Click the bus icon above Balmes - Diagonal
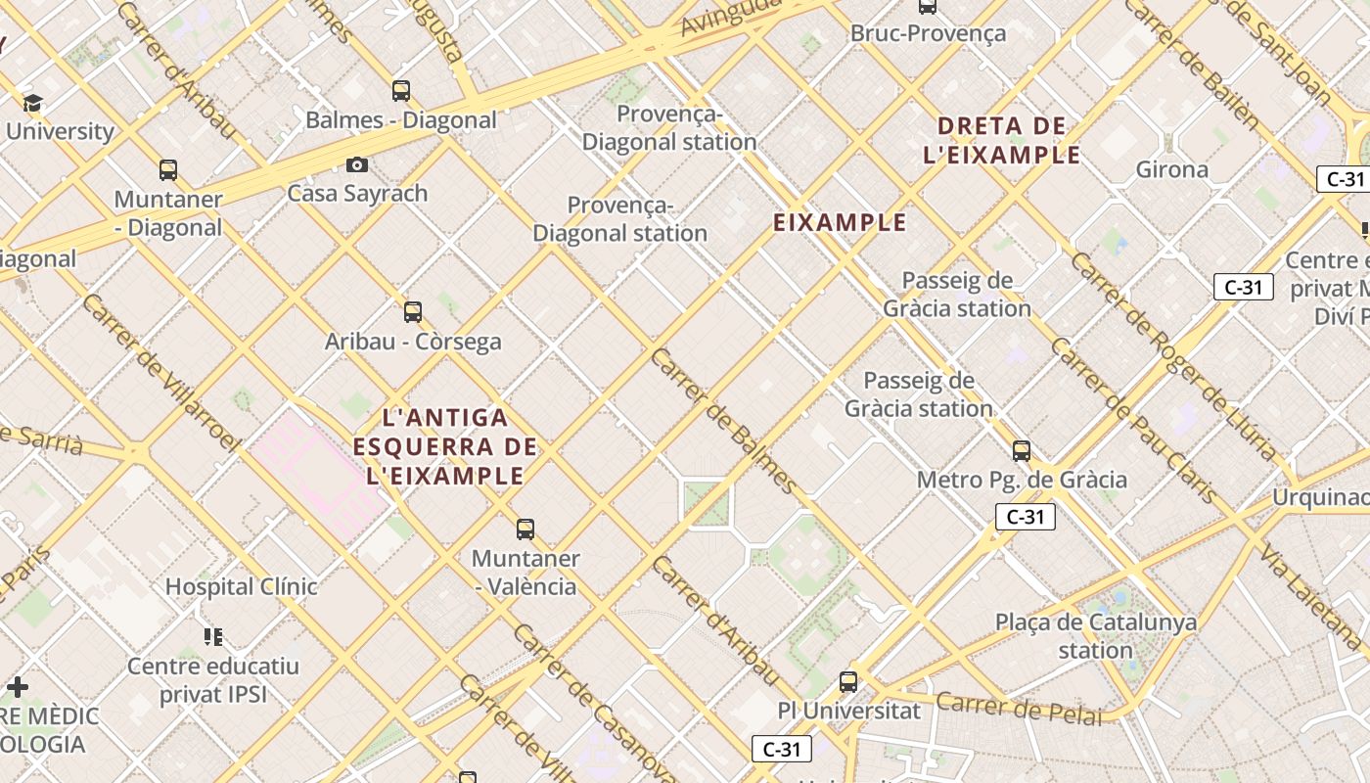point(401,91)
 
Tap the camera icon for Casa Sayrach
point(357,164)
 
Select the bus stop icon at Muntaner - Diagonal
point(168,170)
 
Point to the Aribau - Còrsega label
point(413,342)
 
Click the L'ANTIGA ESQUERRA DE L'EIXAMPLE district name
point(445,447)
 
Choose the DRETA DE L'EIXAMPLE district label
point(1002,140)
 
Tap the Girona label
point(1171,169)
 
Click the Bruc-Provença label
point(928,33)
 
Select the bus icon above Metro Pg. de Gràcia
point(1022,451)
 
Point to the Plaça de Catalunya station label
point(1096,636)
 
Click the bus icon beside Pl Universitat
point(848,682)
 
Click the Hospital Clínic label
point(241,587)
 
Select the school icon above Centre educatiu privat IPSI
point(213,637)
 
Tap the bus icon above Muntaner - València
point(525,530)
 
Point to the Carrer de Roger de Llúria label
point(1174,356)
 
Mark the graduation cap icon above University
point(33,103)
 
